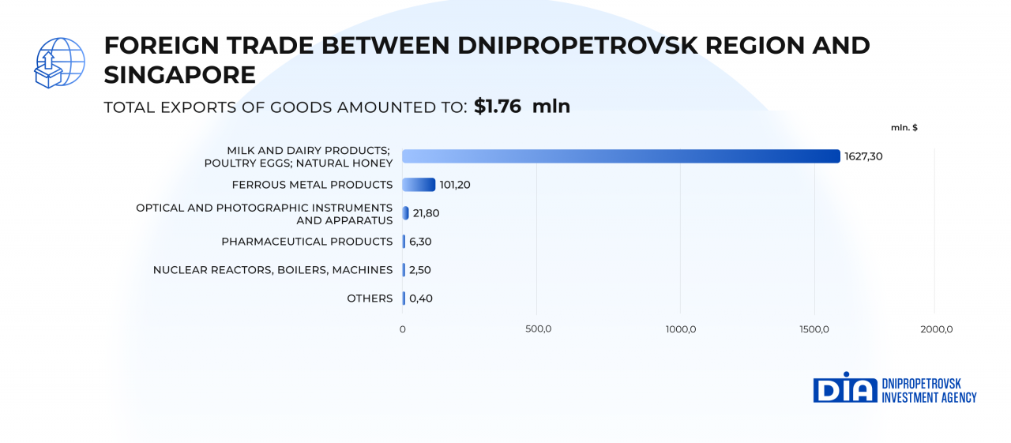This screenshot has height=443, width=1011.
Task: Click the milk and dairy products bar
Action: coord(621,156)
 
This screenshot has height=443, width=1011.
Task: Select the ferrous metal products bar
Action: coord(419,185)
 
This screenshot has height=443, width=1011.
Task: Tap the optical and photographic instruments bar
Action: coord(405,213)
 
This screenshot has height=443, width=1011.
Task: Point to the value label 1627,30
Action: coord(863,156)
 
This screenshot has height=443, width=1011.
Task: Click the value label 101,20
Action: coord(456,185)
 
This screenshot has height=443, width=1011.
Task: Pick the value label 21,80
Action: coord(426,213)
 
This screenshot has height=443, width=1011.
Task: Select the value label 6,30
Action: coord(420,242)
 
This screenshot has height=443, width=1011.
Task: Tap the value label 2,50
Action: coord(420,270)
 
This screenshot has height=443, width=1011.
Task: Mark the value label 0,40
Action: coord(421,298)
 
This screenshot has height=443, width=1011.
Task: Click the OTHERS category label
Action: coord(370,298)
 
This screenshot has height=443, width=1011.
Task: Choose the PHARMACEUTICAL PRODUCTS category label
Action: coord(306,242)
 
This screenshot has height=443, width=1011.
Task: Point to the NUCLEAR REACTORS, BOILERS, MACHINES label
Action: coord(272,270)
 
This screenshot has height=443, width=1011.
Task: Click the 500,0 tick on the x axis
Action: coord(538,329)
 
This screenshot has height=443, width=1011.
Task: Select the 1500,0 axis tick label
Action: coord(814,329)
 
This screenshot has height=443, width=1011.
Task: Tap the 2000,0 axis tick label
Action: coord(934,329)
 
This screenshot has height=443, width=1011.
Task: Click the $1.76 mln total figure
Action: coord(521,107)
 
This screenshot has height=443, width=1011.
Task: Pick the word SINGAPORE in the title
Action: coord(180,75)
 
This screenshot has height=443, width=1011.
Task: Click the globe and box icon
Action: coord(59,62)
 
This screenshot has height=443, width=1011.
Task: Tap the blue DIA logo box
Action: coord(845,389)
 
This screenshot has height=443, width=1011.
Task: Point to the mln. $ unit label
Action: coord(904,127)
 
